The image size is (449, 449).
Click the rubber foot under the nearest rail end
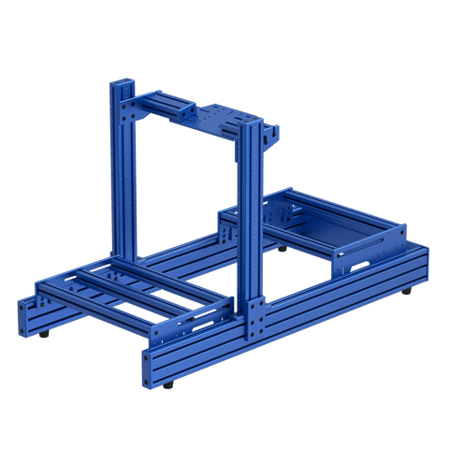(167, 384)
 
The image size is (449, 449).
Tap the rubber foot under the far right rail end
(407, 293)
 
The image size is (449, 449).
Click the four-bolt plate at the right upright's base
(254, 318)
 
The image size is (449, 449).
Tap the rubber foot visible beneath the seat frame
(282, 249)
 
